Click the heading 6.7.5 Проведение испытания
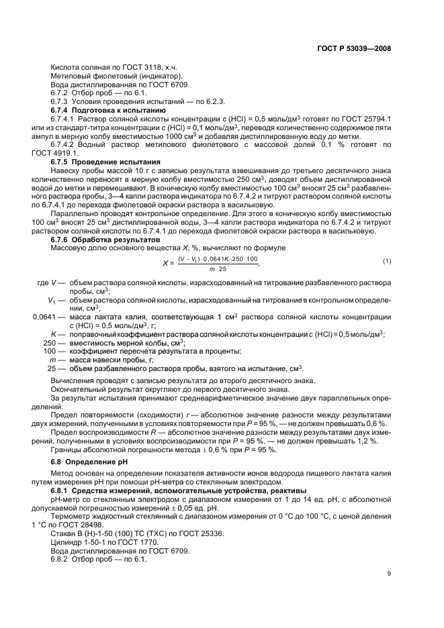pos(106,162)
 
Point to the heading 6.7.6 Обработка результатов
pos(106,240)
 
